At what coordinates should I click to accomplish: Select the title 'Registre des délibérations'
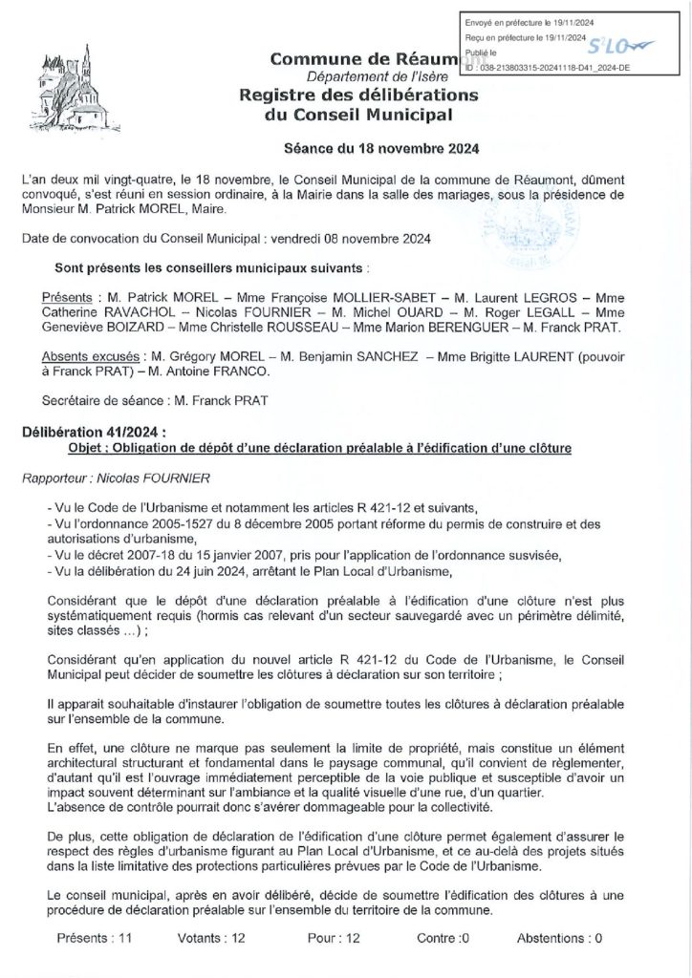click(x=359, y=96)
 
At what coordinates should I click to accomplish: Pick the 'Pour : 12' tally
click(x=334, y=938)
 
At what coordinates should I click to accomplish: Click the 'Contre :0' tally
click(x=443, y=938)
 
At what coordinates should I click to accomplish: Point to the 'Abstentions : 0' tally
click(x=559, y=938)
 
